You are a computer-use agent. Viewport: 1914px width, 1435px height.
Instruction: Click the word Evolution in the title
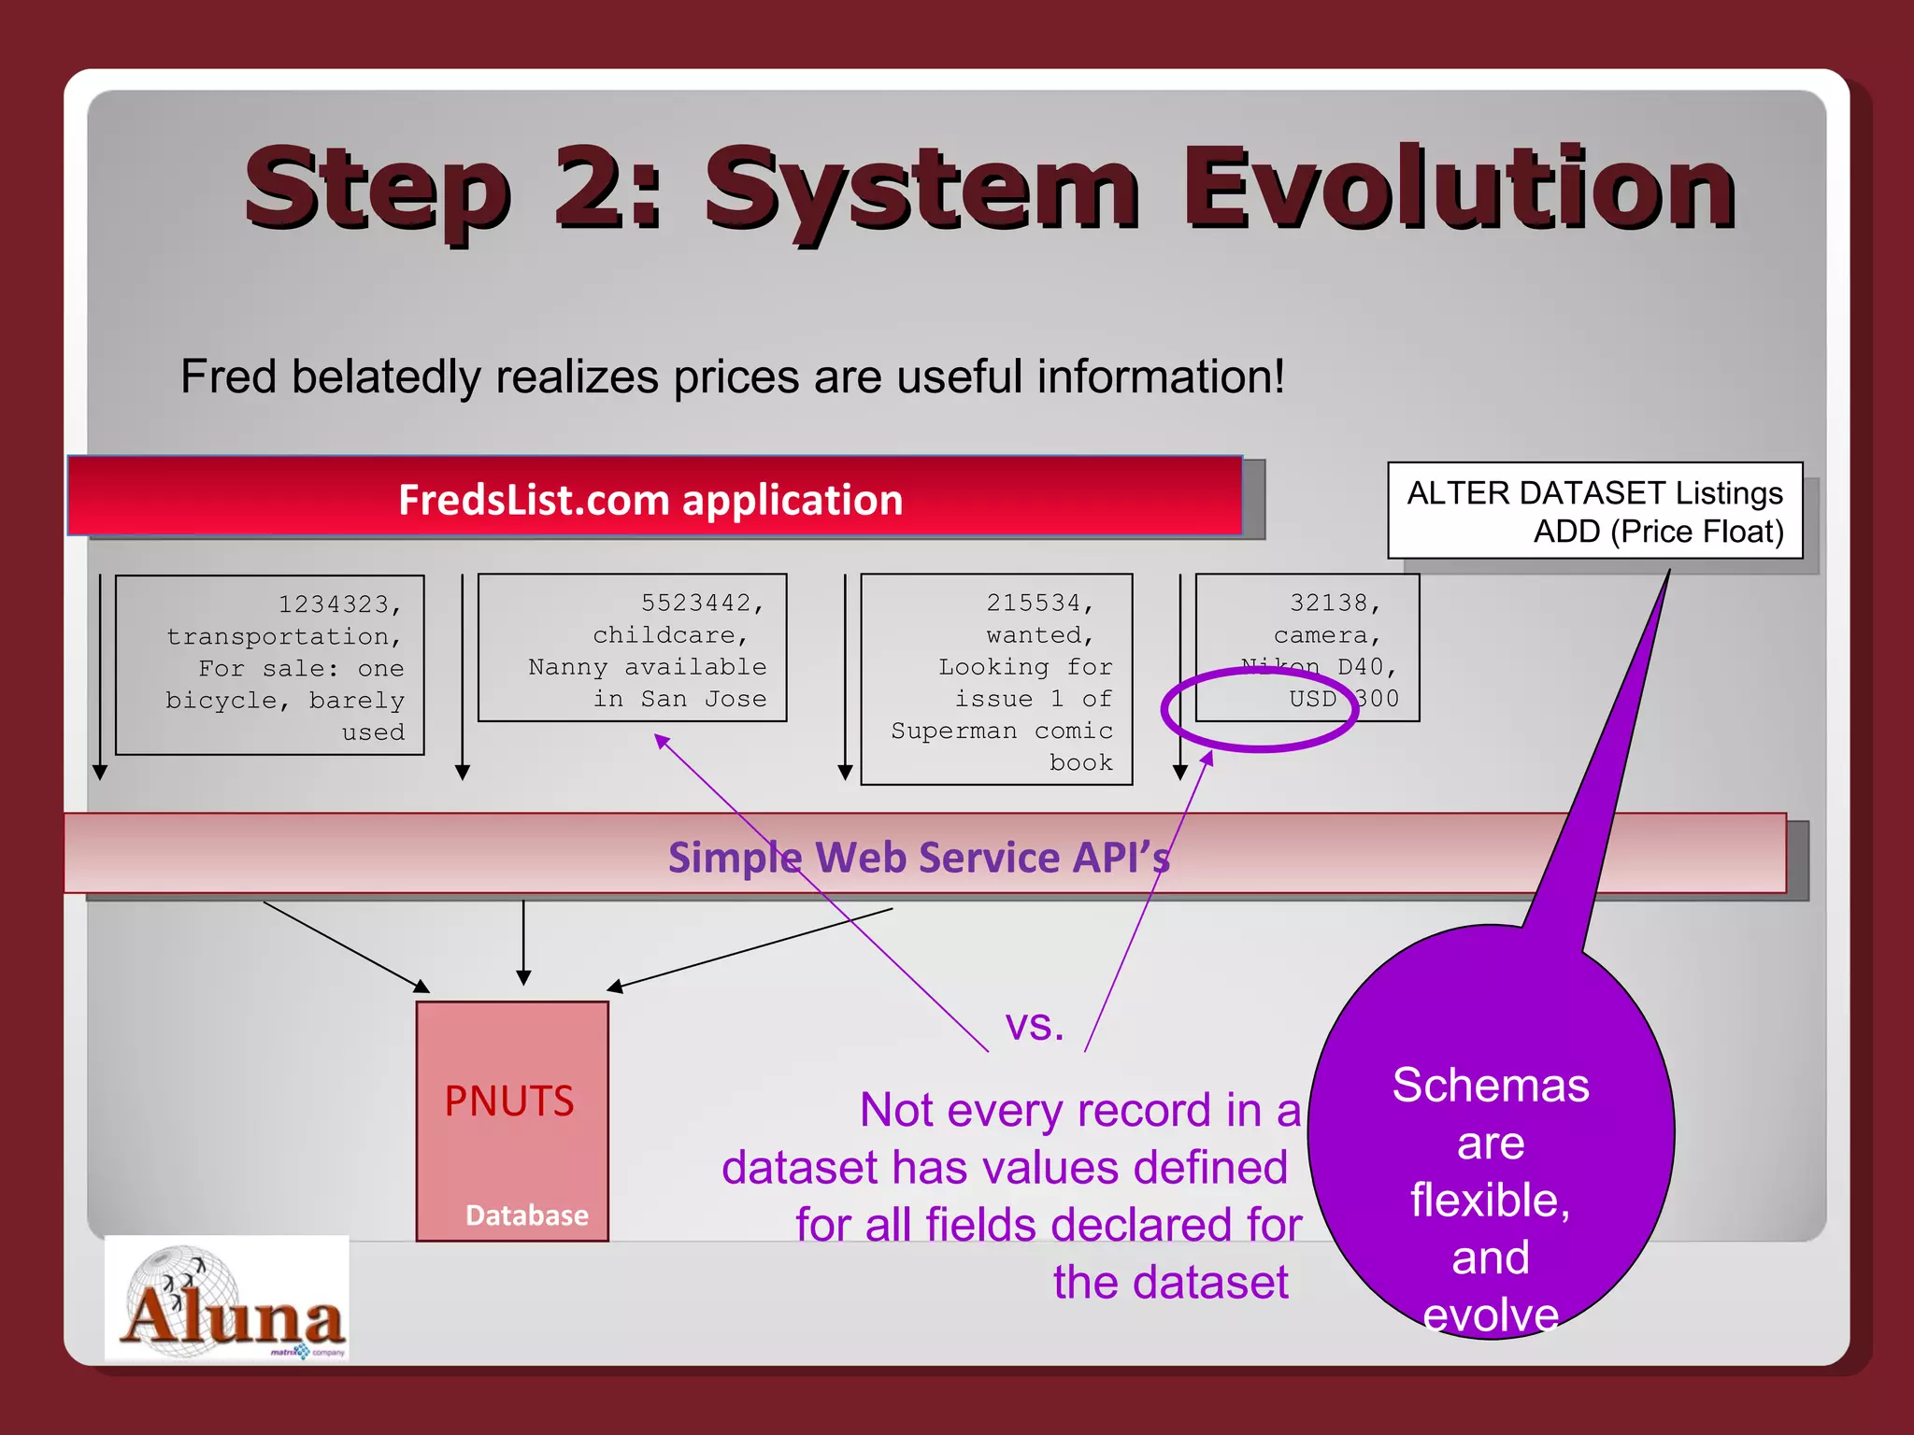1458,190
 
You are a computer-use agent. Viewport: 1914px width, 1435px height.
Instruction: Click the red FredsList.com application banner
651,498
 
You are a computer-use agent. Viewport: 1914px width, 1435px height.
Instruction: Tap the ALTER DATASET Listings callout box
1594,511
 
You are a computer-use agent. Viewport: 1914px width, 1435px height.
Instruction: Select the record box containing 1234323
269,665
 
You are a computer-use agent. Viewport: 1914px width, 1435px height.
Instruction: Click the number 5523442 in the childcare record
702,603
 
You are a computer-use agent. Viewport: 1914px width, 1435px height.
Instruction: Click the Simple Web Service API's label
919,857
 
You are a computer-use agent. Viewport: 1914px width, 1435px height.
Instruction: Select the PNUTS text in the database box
509,1101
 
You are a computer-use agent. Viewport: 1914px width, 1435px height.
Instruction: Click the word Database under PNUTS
527,1215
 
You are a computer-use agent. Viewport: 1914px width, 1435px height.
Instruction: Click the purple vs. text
1035,1025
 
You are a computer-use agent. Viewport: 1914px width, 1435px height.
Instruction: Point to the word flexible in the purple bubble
1490,1201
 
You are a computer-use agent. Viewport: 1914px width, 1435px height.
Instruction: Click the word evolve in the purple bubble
1491,1315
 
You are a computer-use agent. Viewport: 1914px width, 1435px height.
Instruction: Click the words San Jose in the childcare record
703,699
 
